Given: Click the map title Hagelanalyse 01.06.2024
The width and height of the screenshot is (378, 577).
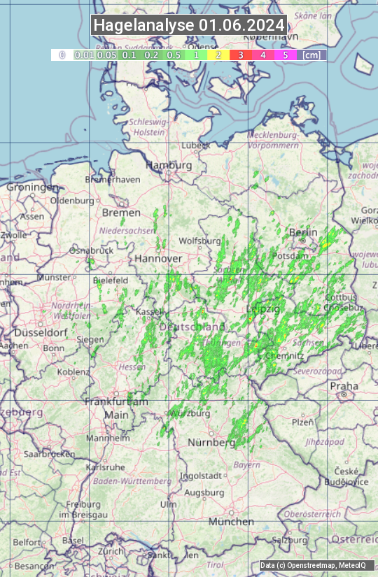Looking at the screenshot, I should [189, 25].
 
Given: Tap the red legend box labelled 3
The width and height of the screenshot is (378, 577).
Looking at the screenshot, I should [240, 55].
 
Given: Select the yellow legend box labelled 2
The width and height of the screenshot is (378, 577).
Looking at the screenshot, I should [218, 55].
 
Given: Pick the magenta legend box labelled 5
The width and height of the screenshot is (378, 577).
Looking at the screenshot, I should [285, 55].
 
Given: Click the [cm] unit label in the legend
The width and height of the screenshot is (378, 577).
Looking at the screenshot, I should [312, 55].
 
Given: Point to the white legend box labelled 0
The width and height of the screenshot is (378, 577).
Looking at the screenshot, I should [62, 55].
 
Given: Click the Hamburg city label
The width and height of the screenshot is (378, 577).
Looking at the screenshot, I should [169, 166].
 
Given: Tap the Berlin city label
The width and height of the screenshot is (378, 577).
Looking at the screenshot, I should [303, 232].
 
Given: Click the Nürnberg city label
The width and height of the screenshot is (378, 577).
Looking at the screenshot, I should [211, 443].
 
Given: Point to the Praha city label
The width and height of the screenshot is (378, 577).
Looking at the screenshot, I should [344, 386].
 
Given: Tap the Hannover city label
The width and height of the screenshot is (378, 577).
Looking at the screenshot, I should [158, 259].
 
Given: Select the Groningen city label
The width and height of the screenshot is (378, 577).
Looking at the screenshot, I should [33, 187].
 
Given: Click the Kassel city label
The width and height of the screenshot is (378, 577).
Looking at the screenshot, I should [149, 311].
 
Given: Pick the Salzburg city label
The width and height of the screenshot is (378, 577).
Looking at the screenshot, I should [290, 540].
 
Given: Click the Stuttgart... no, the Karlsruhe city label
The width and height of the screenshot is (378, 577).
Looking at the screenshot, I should [105, 466].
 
